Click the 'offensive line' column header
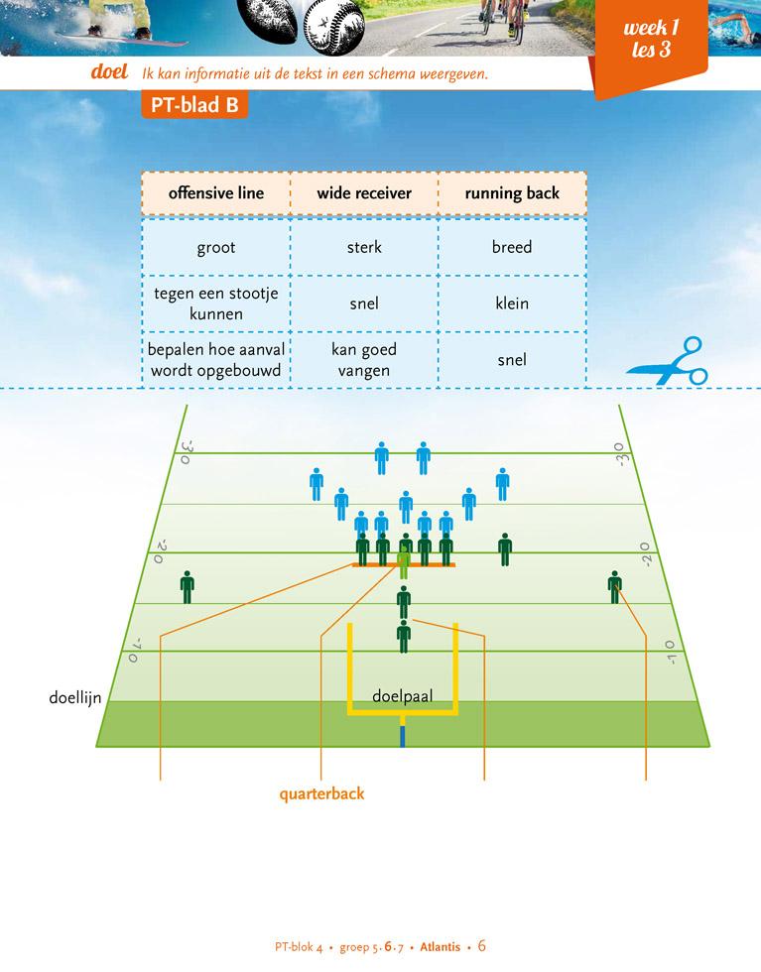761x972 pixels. [215, 193]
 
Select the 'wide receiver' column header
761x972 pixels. [364, 193]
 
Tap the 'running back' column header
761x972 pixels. [512, 193]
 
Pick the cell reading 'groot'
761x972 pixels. [215, 247]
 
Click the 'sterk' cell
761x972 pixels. [364, 247]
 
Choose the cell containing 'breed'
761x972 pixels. [512, 247]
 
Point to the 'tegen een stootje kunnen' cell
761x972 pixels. [215, 304]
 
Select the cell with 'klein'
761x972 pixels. [512, 304]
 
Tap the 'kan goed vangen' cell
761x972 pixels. [364, 360]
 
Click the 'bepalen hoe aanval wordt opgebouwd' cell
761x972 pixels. [215, 360]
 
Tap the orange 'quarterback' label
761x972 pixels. [321, 793]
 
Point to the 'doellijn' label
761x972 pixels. [74, 697]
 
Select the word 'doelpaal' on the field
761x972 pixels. [402, 696]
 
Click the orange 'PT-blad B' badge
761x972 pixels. [193, 106]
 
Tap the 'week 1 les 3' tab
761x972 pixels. [651, 41]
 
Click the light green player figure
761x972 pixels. [404, 562]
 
